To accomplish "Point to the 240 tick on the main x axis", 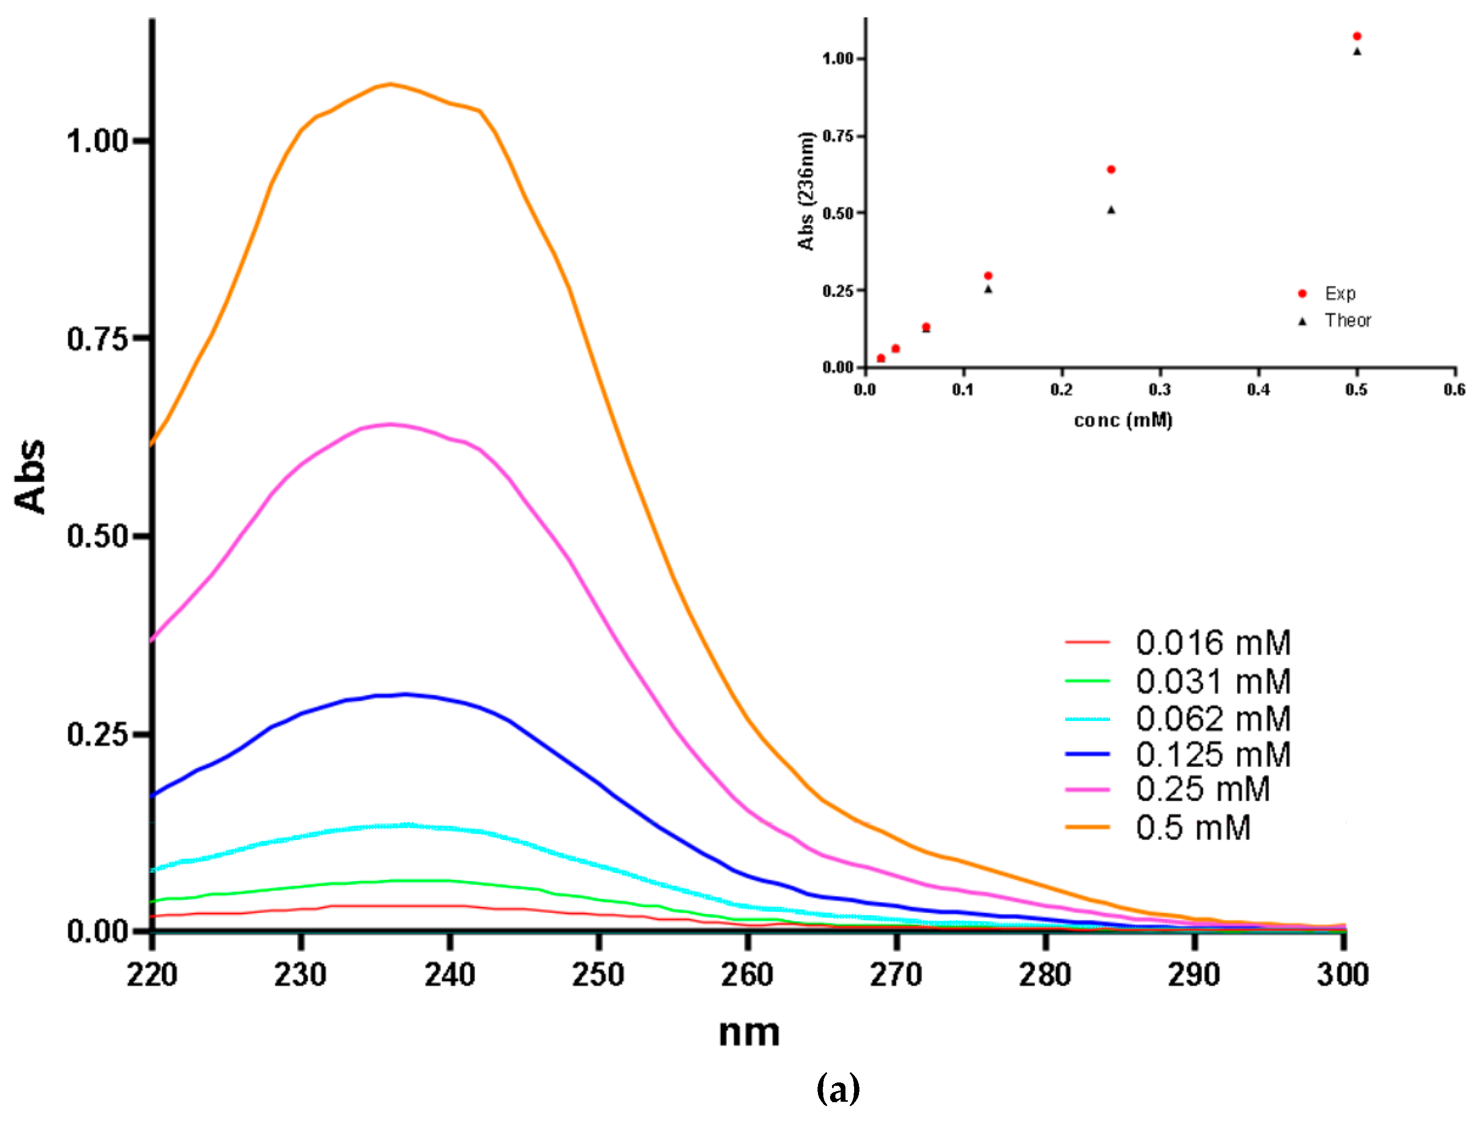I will click(449, 974).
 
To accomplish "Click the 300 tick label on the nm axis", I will click(1342, 974).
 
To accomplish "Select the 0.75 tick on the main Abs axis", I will click(97, 339).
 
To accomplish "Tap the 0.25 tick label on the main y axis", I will click(97, 734).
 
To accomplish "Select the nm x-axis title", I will click(748, 1033).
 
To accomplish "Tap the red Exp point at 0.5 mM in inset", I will click(1357, 36).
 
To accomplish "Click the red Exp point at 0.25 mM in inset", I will click(1111, 169).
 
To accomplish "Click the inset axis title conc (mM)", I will click(1123, 420).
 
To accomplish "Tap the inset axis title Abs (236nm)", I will click(806, 191).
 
